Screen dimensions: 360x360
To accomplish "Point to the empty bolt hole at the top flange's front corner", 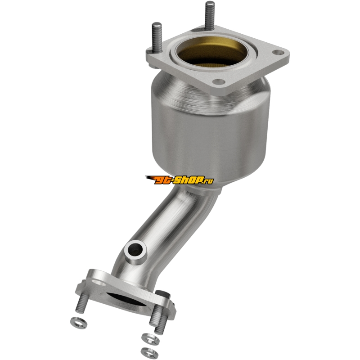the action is point(218,81).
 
